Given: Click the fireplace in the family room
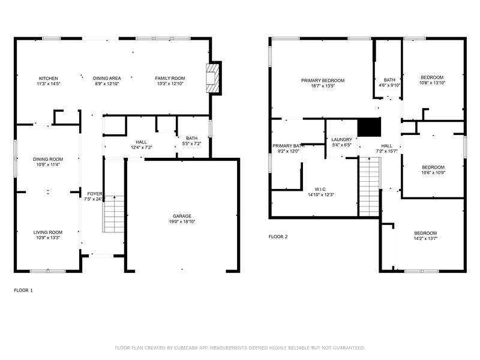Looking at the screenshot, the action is click(x=213, y=78).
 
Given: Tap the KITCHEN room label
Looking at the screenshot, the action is click(x=49, y=79).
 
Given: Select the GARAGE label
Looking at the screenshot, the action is click(x=182, y=216).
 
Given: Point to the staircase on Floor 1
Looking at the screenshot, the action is click(x=113, y=214).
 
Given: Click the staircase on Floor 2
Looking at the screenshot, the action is click(x=370, y=187).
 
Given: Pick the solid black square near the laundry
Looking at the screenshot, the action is click(x=369, y=127).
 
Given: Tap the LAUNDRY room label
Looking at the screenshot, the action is click(x=341, y=140).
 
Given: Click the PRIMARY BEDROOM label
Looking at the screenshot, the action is click(x=323, y=80).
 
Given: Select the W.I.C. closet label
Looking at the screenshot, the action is click(x=320, y=189).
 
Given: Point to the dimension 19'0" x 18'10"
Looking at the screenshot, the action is click(x=182, y=221).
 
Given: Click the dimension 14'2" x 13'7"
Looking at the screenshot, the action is click(x=425, y=238).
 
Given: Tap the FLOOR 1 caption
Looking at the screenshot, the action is click(x=23, y=290).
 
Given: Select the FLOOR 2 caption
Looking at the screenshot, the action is click(x=278, y=236).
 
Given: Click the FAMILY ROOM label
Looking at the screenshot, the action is click(x=170, y=79).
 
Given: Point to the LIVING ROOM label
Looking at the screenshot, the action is click(x=48, y=232).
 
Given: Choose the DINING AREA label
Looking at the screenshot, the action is click(x=107, y=79).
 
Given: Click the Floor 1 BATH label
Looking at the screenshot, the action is click(x=191, y=139).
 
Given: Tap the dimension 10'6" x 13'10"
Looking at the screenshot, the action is click(x=432, y=83).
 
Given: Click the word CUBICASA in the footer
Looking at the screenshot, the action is click(x=186, y=348).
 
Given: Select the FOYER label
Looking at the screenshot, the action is click(x=95, y=194).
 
